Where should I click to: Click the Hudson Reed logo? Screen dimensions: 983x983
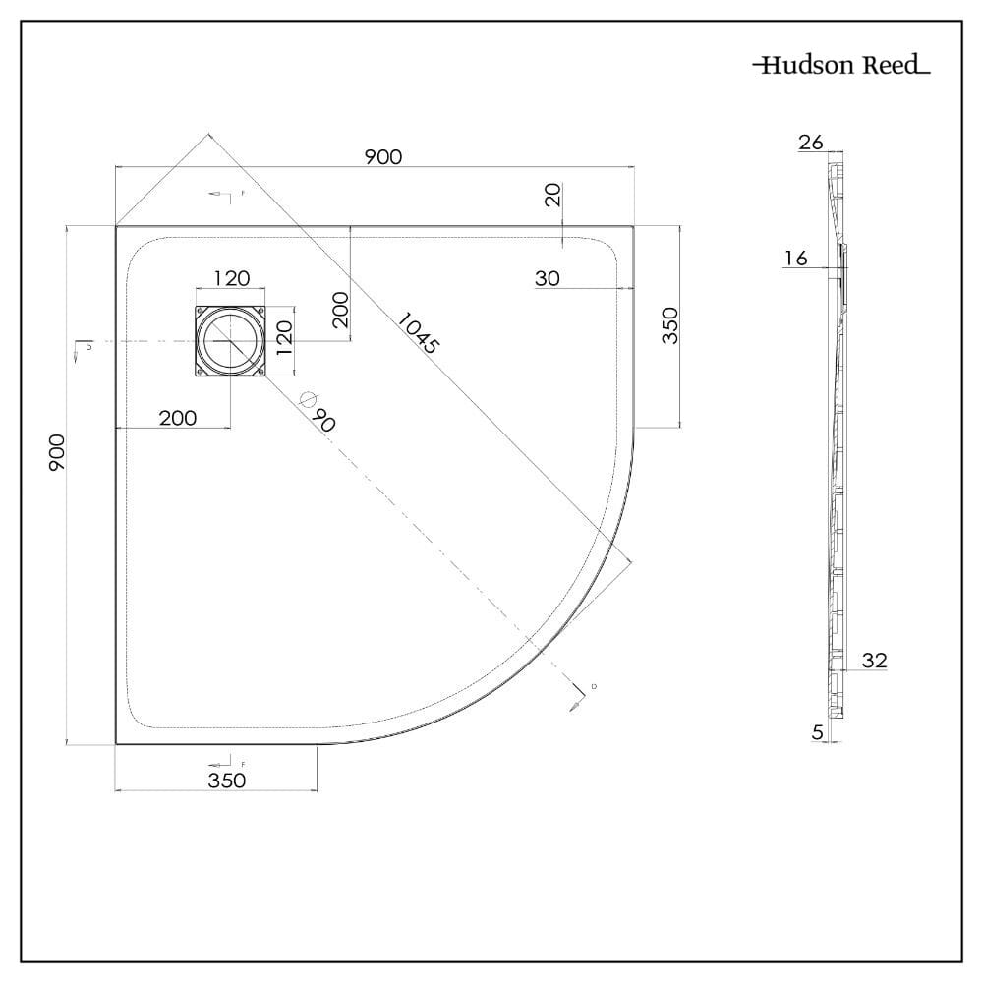[841, 66]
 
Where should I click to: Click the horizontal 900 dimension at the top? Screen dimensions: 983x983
[383, 157]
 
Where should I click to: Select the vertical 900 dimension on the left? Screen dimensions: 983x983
[57, 451]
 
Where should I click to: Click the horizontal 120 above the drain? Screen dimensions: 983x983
[231, 279]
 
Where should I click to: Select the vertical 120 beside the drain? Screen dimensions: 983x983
[282, 341]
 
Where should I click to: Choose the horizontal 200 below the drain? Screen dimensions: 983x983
[177, 418]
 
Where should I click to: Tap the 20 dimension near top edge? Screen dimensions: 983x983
[553, 196]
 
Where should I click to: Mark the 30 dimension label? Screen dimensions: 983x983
[548, 279]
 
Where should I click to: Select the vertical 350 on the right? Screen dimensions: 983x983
[670, 324]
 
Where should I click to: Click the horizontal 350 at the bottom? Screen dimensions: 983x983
[226, 780]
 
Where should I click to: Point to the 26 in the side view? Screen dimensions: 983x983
[811, 143]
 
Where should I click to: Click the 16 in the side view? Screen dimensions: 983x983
[796, 259]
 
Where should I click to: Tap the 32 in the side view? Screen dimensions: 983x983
[874, 661]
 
